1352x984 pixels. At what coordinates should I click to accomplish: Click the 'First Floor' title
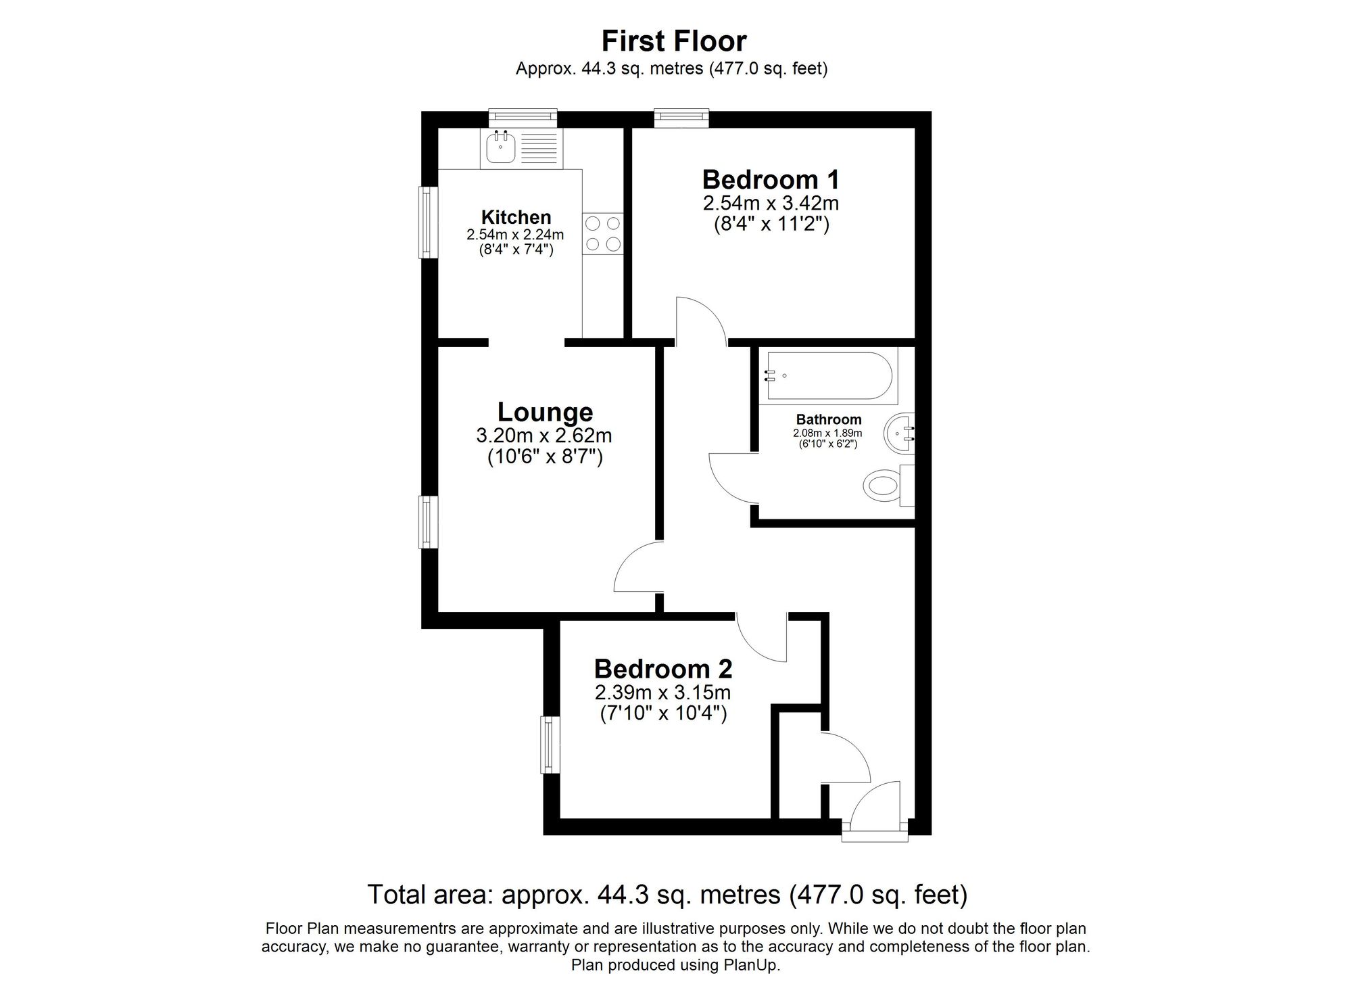tap(674, 41)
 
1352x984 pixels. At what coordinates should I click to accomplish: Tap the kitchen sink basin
tap(501, 147)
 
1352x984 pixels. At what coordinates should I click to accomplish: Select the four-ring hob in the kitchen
tap(603, 234)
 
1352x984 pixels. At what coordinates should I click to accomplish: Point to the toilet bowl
tap(882, 485)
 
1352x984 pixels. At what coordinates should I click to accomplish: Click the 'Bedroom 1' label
tap(771, 180)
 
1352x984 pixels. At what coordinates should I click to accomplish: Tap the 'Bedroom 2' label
tap(663, 669)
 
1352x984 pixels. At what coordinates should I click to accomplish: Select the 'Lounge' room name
tap(545, 412)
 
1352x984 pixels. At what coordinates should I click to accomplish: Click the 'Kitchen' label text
tap(516, 217)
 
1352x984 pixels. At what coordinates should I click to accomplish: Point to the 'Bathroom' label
tap(829, 419)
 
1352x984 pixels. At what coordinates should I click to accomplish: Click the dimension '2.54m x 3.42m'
tap(771, 203)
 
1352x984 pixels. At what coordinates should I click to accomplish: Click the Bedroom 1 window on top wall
tap(681, 118)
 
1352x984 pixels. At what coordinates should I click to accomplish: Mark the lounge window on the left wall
tap(426, 522)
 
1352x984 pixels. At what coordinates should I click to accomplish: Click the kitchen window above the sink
tap(523, 118)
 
